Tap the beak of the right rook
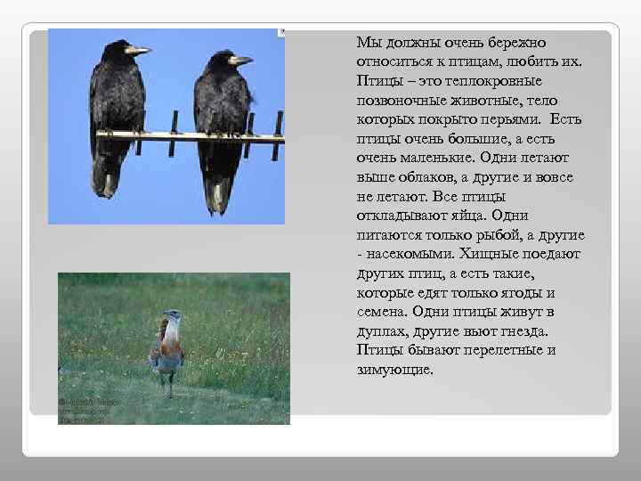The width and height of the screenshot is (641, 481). tap(240, 60)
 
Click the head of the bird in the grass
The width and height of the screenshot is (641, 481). tap(172, 315)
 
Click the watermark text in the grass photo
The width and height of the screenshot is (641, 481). tap(84, 411)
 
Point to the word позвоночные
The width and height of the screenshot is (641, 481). tap(404, 102)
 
